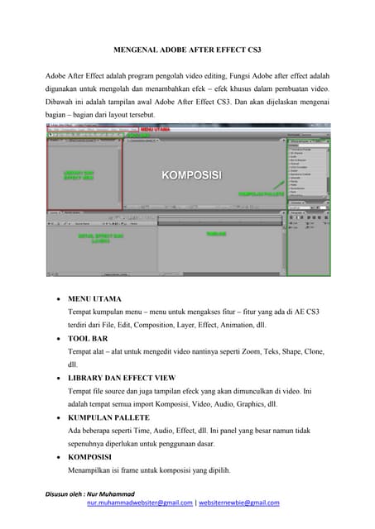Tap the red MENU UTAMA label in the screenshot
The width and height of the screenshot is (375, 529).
click(156, 130)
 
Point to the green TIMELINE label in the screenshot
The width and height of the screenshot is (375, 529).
click(217, 234)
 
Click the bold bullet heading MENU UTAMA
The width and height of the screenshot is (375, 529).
click(95, 298)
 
